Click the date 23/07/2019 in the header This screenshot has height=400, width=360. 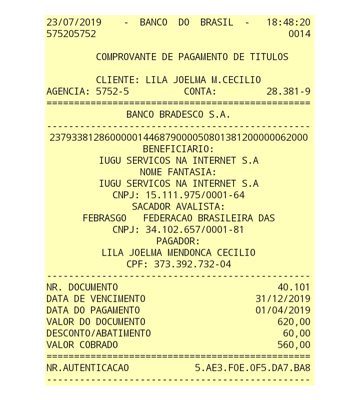[74, 23]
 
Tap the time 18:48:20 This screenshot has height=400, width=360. [288, 23]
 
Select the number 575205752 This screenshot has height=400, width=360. [71, 34]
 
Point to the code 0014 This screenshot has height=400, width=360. [299, 34]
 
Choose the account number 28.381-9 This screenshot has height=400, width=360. [288, 92]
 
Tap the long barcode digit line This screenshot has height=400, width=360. [178, 138]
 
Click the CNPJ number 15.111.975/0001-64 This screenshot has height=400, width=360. [195, 195]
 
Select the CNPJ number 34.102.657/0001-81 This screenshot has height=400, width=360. [195, 230]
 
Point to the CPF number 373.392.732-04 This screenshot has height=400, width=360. [192, 264]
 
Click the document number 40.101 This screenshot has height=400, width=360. [293, 287]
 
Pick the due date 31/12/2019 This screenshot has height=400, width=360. [283, 299]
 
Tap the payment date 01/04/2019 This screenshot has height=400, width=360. [283, 310]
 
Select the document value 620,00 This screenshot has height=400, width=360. [293, 322]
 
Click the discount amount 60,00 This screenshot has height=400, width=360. [296, 333]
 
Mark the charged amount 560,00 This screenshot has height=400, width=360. [293, 345]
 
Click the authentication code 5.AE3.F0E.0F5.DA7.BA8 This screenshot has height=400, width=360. [252, 368]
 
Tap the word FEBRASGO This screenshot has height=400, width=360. [105, 218]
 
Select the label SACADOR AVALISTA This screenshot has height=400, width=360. [178, 207]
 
